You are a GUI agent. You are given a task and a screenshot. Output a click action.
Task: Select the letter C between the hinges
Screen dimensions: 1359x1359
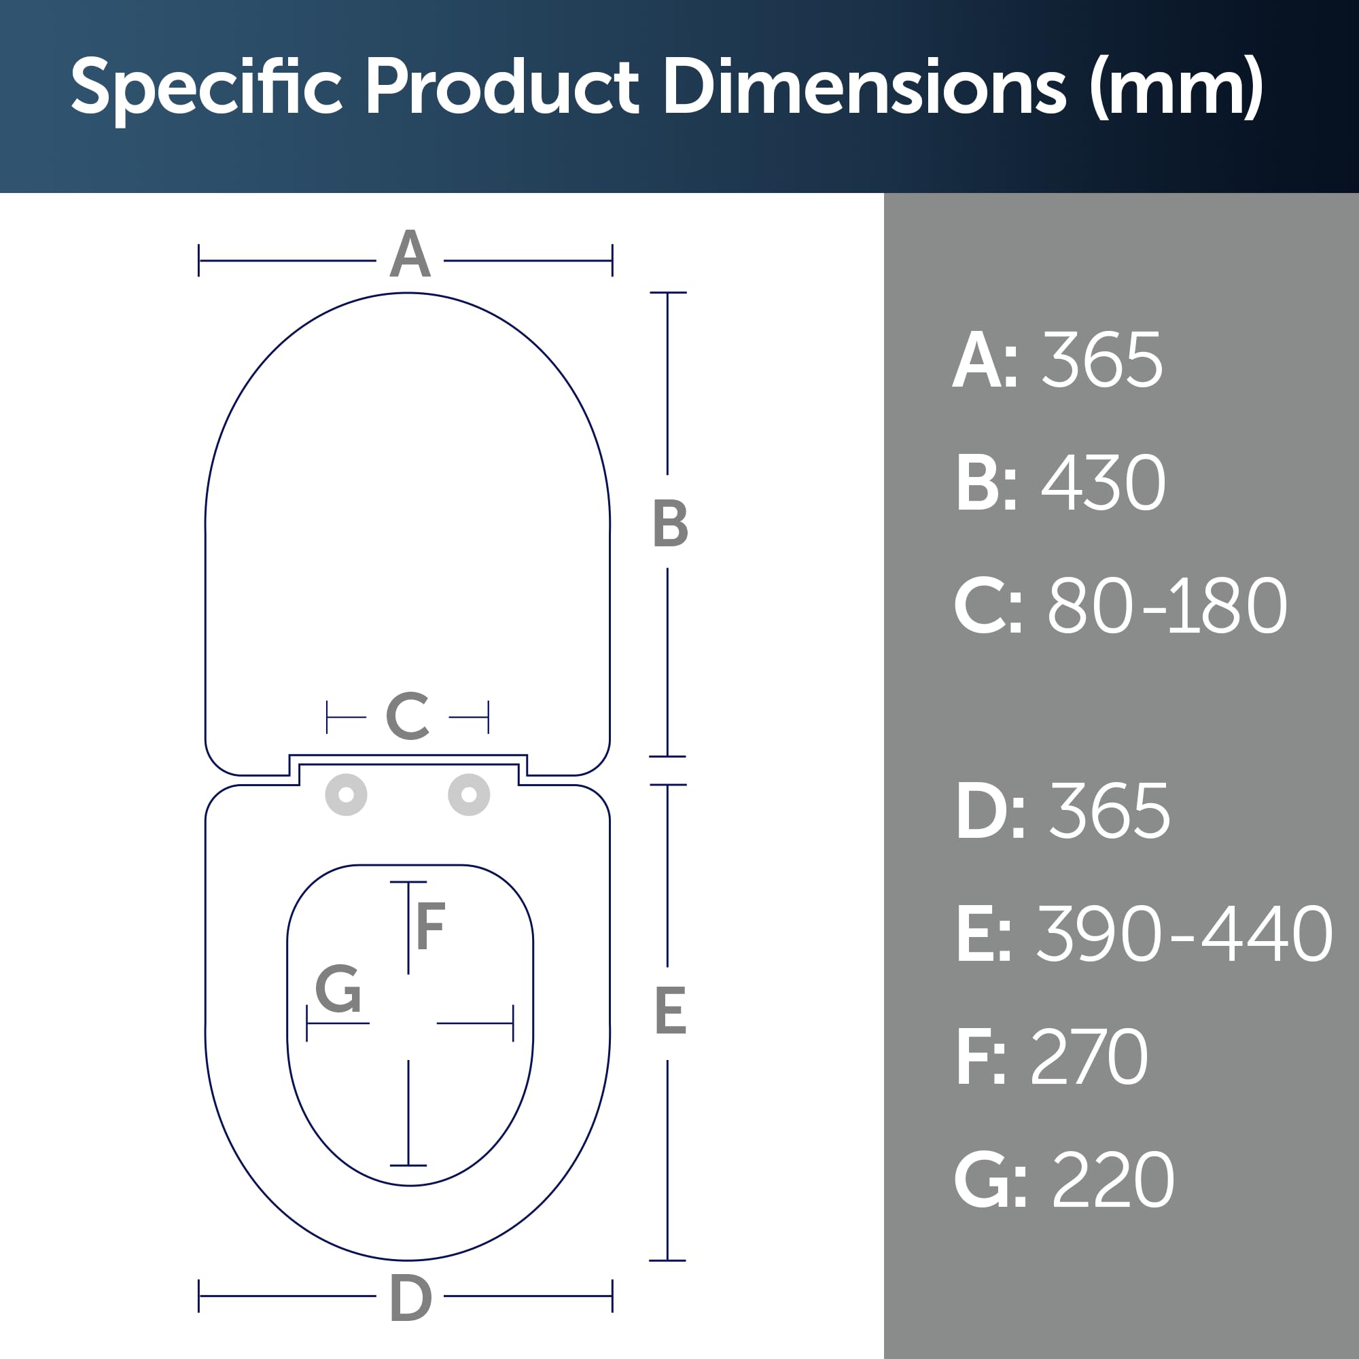(x=408, y=716)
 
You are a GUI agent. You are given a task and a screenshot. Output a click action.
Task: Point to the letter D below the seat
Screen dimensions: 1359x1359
(x=410, y=1299)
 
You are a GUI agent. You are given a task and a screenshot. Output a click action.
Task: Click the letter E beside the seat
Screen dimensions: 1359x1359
(x=671, y=1011)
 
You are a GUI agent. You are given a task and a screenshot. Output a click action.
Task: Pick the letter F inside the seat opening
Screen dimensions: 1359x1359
(x=431, y=925)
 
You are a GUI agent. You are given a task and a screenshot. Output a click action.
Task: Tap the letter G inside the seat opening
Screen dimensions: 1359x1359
(x=338, y=988)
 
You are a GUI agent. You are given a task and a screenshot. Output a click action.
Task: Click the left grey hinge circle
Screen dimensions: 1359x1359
(x=346, y=795)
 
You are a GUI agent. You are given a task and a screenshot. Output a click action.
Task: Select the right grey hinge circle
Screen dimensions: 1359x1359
(x=469, y=795)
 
